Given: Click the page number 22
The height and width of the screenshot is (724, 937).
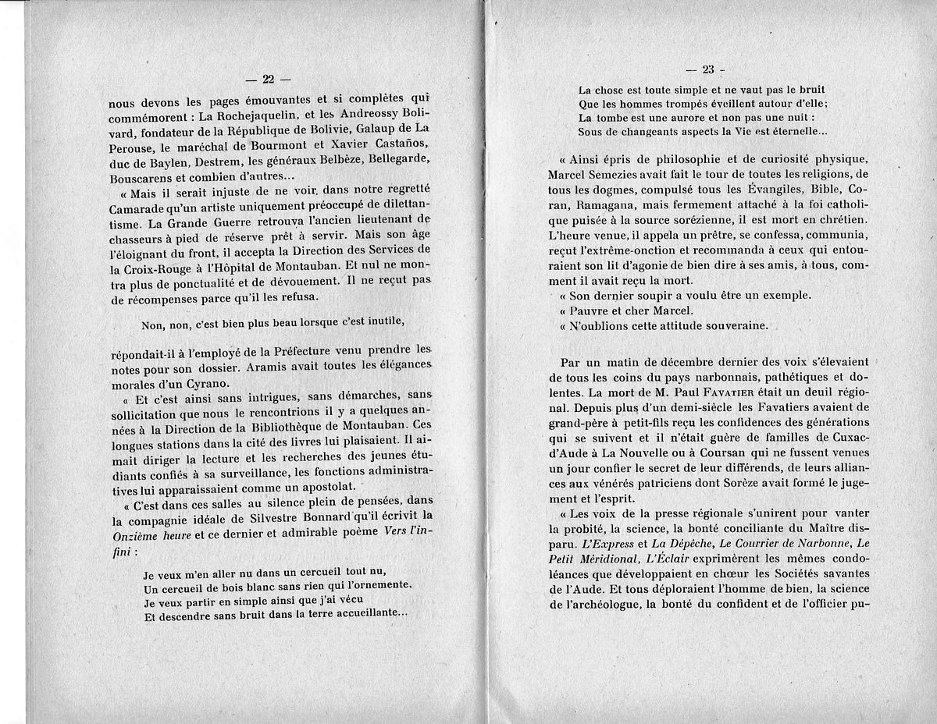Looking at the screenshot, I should pyautogui.click(x=267, y=79).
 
